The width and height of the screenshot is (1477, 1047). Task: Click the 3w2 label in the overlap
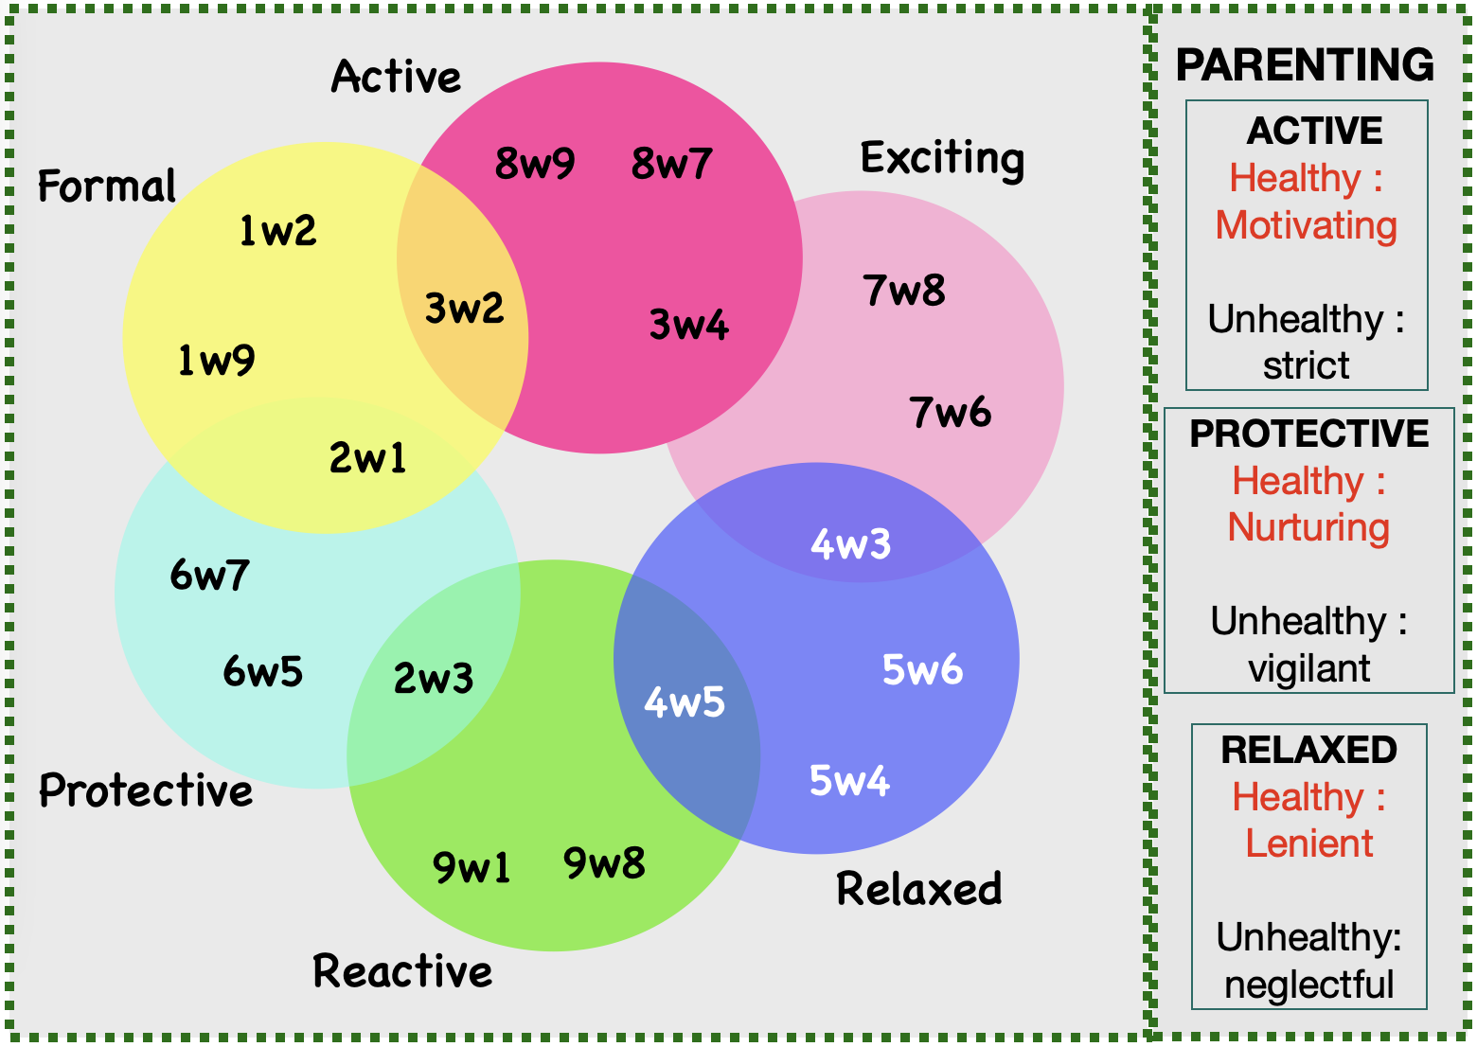pyautogui.click(x=464, y=308)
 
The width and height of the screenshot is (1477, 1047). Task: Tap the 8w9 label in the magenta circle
pyautogui.click(x=535, y=163)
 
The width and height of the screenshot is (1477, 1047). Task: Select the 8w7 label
pyautogui.click(x=671, y=163)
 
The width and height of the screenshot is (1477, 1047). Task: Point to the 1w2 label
pyautogui.click(x=277, y=231)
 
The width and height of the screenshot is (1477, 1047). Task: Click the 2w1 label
pyautogui.click(x=367, y=457)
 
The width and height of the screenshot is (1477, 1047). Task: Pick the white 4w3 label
pyautogui.click(x=850, y=544)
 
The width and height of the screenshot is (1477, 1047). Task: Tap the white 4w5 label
pyautogui.click(x=685, y=701)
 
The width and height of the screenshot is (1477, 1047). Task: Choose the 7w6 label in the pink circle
pyautogui.click(x=951, y=412)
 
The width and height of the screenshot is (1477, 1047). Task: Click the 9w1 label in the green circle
pyautogui.click(x=471, y=867)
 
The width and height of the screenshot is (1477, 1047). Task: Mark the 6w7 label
pyautogui.click(x=209, y=575)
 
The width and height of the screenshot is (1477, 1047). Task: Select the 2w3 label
pyautogui.click(x=434, y=678)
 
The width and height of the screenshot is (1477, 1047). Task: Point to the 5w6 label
pyautogui.click(x=922, y=669)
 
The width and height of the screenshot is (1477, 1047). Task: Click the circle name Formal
pyautogui.click(x=107, y=186)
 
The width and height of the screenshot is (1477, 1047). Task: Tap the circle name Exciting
pyautogui.click(x=942, y=159)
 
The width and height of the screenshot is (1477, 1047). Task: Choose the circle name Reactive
pyautogui.click(x=402, y=970)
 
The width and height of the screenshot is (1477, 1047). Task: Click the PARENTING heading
pyautogui.click(x=1305, y=64)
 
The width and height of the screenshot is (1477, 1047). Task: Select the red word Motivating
pyautogui.click(x=1307, y=225)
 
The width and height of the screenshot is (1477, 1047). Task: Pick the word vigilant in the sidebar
pyautogui.click(x=1308, y=668)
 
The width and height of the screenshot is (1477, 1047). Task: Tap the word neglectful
pyautogui.click(x=1308, y=985)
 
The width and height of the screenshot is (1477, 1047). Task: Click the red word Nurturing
pyautogui.click(x=1308, y=527)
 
